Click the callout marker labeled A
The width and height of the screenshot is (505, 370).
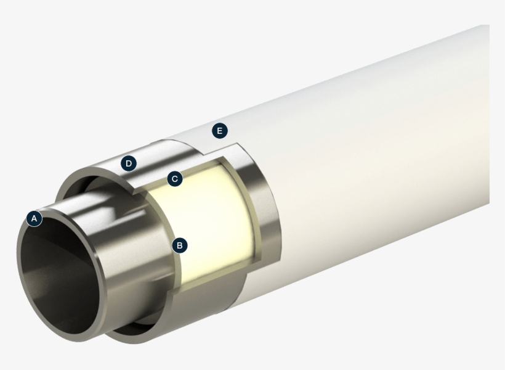pos(34,218)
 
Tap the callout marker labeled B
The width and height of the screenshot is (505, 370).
pos(179,245)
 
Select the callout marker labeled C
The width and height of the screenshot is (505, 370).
pos(175,179)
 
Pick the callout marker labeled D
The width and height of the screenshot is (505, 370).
pos(129,163)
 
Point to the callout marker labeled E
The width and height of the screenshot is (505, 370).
pos(219,131)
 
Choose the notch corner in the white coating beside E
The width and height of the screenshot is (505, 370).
pos(234,147)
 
